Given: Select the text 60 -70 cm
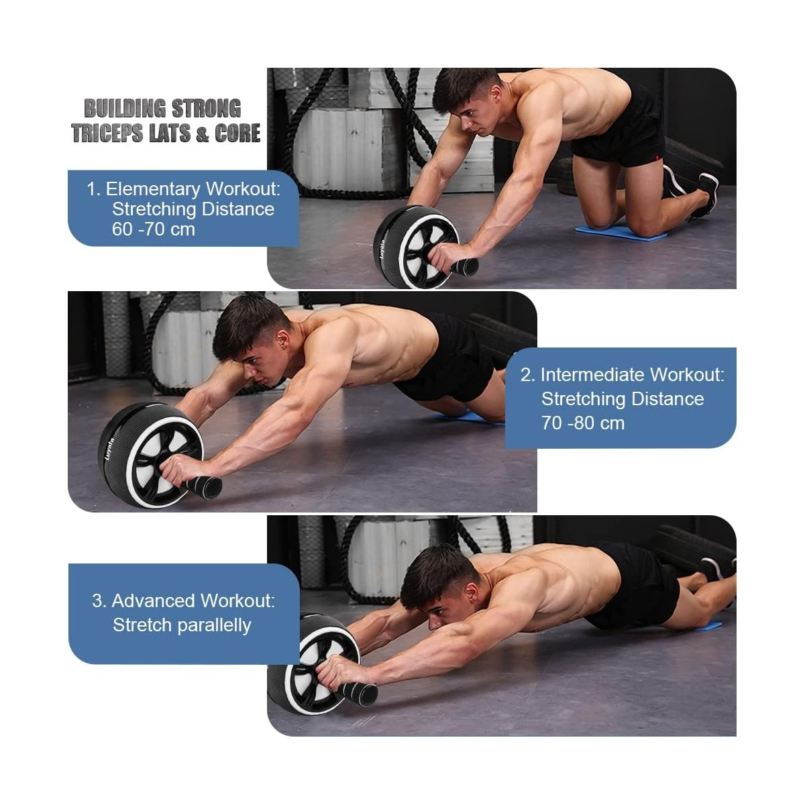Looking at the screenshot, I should pos(154,229).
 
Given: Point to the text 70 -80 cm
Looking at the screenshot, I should pos(583,423).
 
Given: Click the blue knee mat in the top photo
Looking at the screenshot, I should pos(621,233).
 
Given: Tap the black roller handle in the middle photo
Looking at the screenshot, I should pos(205,486).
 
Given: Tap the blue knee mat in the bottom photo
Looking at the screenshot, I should pos(704,625).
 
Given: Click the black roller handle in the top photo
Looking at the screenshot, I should pos(463,266).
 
